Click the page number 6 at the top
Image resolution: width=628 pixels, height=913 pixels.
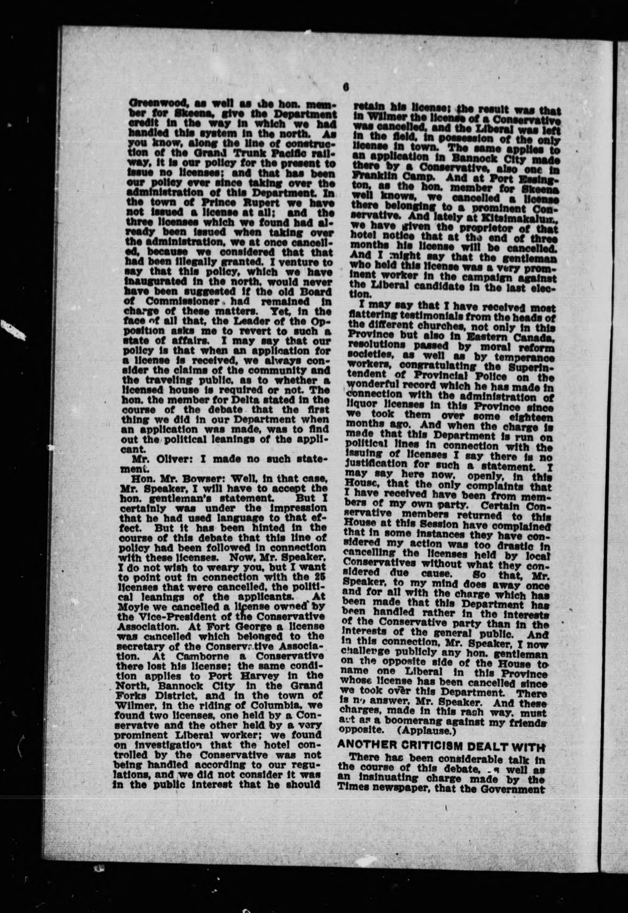[x=346, y=88]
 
